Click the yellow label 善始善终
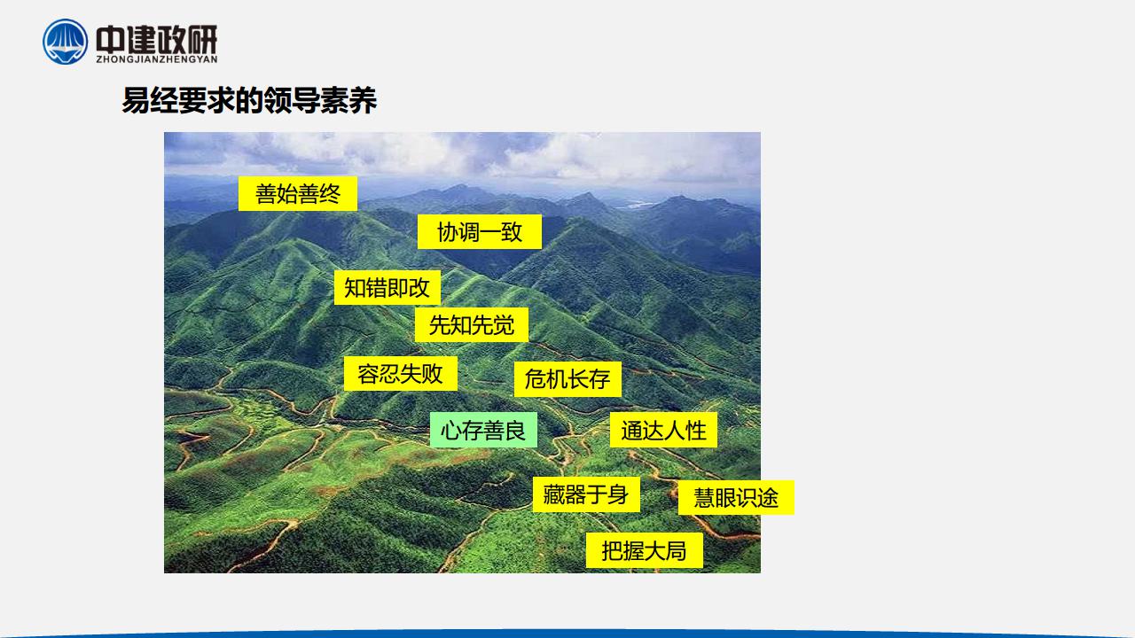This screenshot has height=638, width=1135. [298, 193]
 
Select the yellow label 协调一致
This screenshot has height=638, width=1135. [480, 232]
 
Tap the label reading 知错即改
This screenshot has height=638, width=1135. [387, 288]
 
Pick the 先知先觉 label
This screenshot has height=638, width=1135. [472, 324]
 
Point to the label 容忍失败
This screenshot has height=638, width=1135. [400, 374]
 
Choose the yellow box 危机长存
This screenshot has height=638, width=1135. [567, 378]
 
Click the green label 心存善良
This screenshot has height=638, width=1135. [483, 430]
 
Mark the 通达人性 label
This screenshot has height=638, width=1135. [664, 430]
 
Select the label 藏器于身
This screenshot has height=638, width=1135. [586, 494]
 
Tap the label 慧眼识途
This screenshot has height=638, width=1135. [736, 497]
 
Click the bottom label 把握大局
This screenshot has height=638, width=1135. [645, 550]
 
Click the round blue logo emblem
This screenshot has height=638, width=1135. [66, 42]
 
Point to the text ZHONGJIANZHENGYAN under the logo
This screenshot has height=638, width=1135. [157, 59]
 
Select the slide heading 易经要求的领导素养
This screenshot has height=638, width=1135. [249, 100]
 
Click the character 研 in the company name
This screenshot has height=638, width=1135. [202, 39]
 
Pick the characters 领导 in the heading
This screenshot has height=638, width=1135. [292, 100]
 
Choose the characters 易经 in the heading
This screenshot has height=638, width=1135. [150, 100]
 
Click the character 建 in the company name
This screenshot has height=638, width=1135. [141, 39]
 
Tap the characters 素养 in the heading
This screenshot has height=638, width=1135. [348, 100]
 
